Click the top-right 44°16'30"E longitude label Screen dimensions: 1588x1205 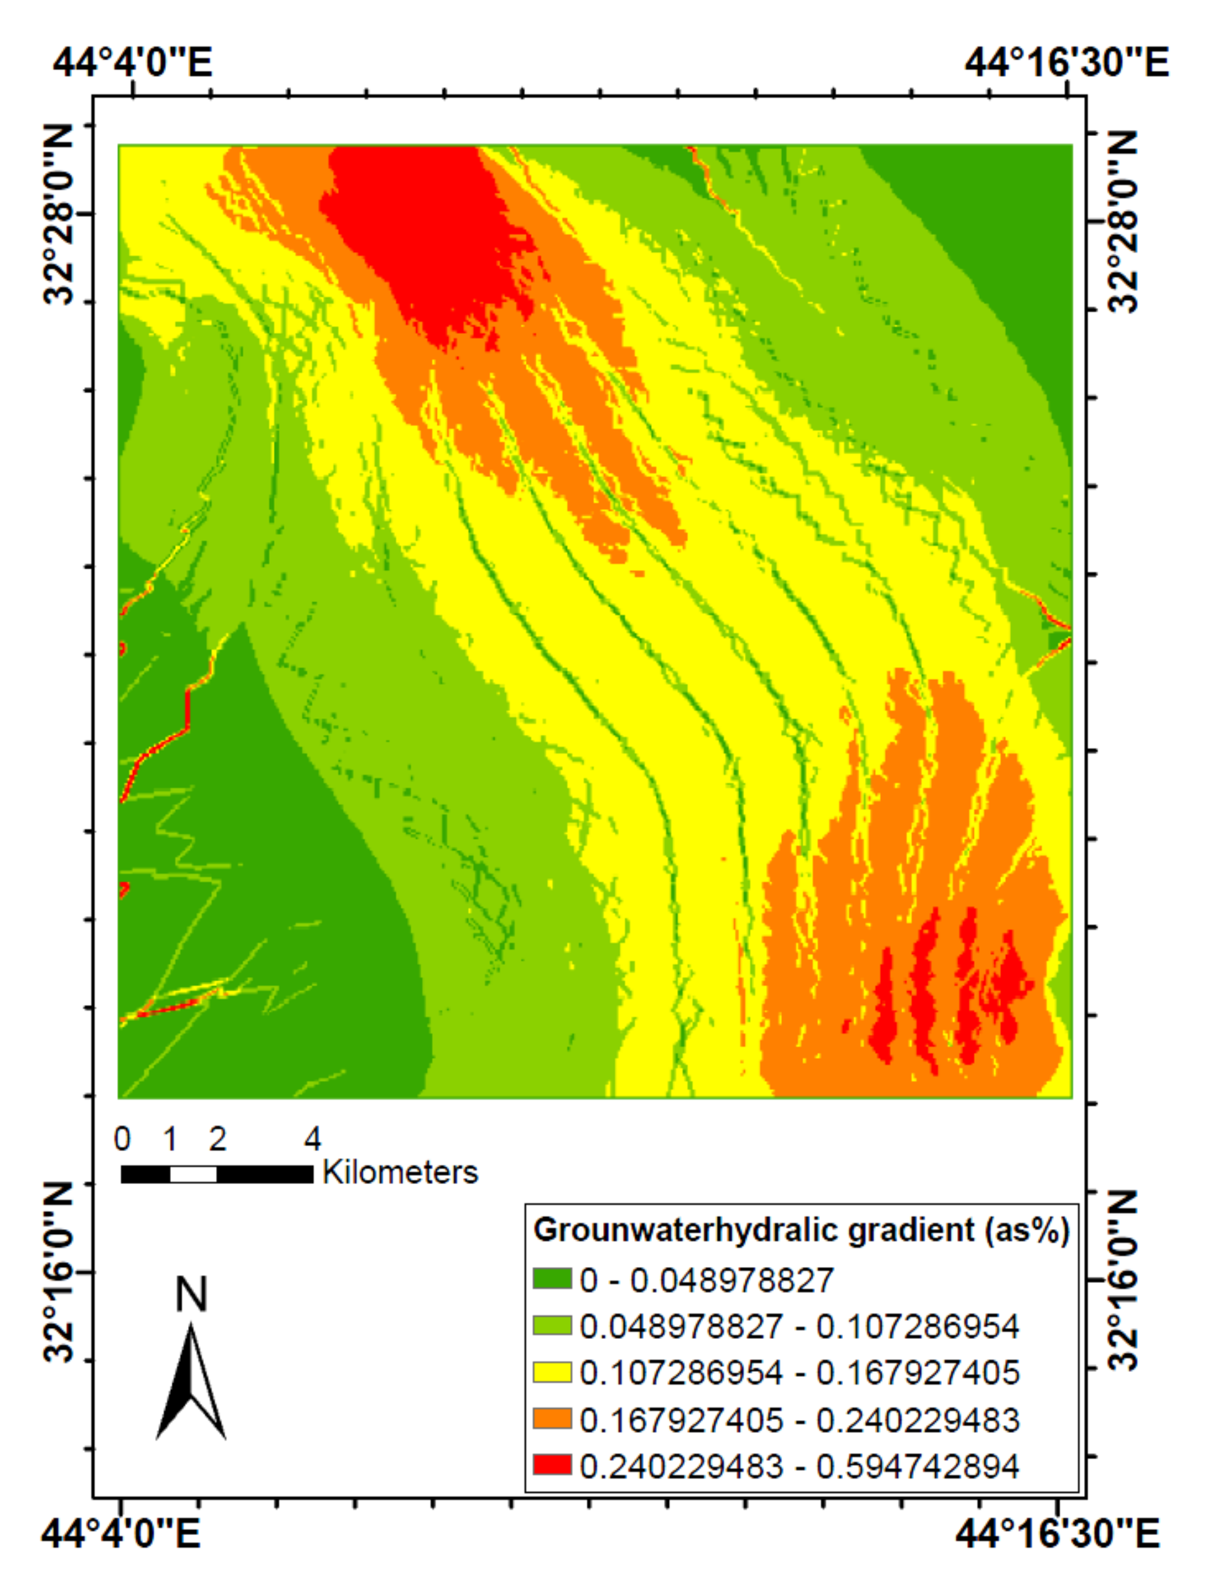coord(1066,62)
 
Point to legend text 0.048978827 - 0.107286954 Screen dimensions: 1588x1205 coord(798,1326)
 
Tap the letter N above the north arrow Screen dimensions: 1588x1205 coord(191,1294)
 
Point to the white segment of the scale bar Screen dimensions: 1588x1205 coord(193,1174)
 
